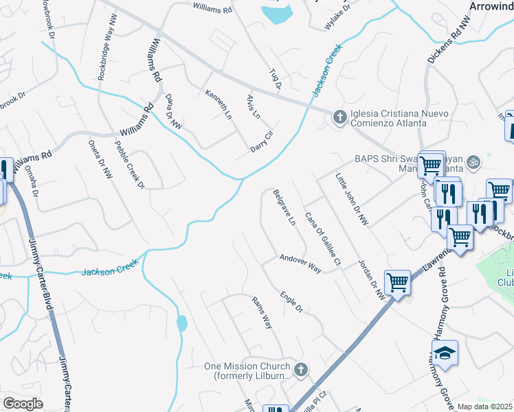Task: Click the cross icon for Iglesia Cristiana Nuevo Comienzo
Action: (339, 117)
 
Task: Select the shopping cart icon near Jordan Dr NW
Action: (397, 282)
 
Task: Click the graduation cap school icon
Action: (445, 354)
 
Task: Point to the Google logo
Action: (22, 403)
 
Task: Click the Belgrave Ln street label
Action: (283, 209)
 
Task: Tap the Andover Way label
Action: (300, 264)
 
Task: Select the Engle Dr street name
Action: (291, 302)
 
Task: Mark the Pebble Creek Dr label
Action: (129, 163)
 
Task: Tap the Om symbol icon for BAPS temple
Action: (472, 163)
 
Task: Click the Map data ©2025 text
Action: (485, 407)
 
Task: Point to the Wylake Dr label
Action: (337, 19)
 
